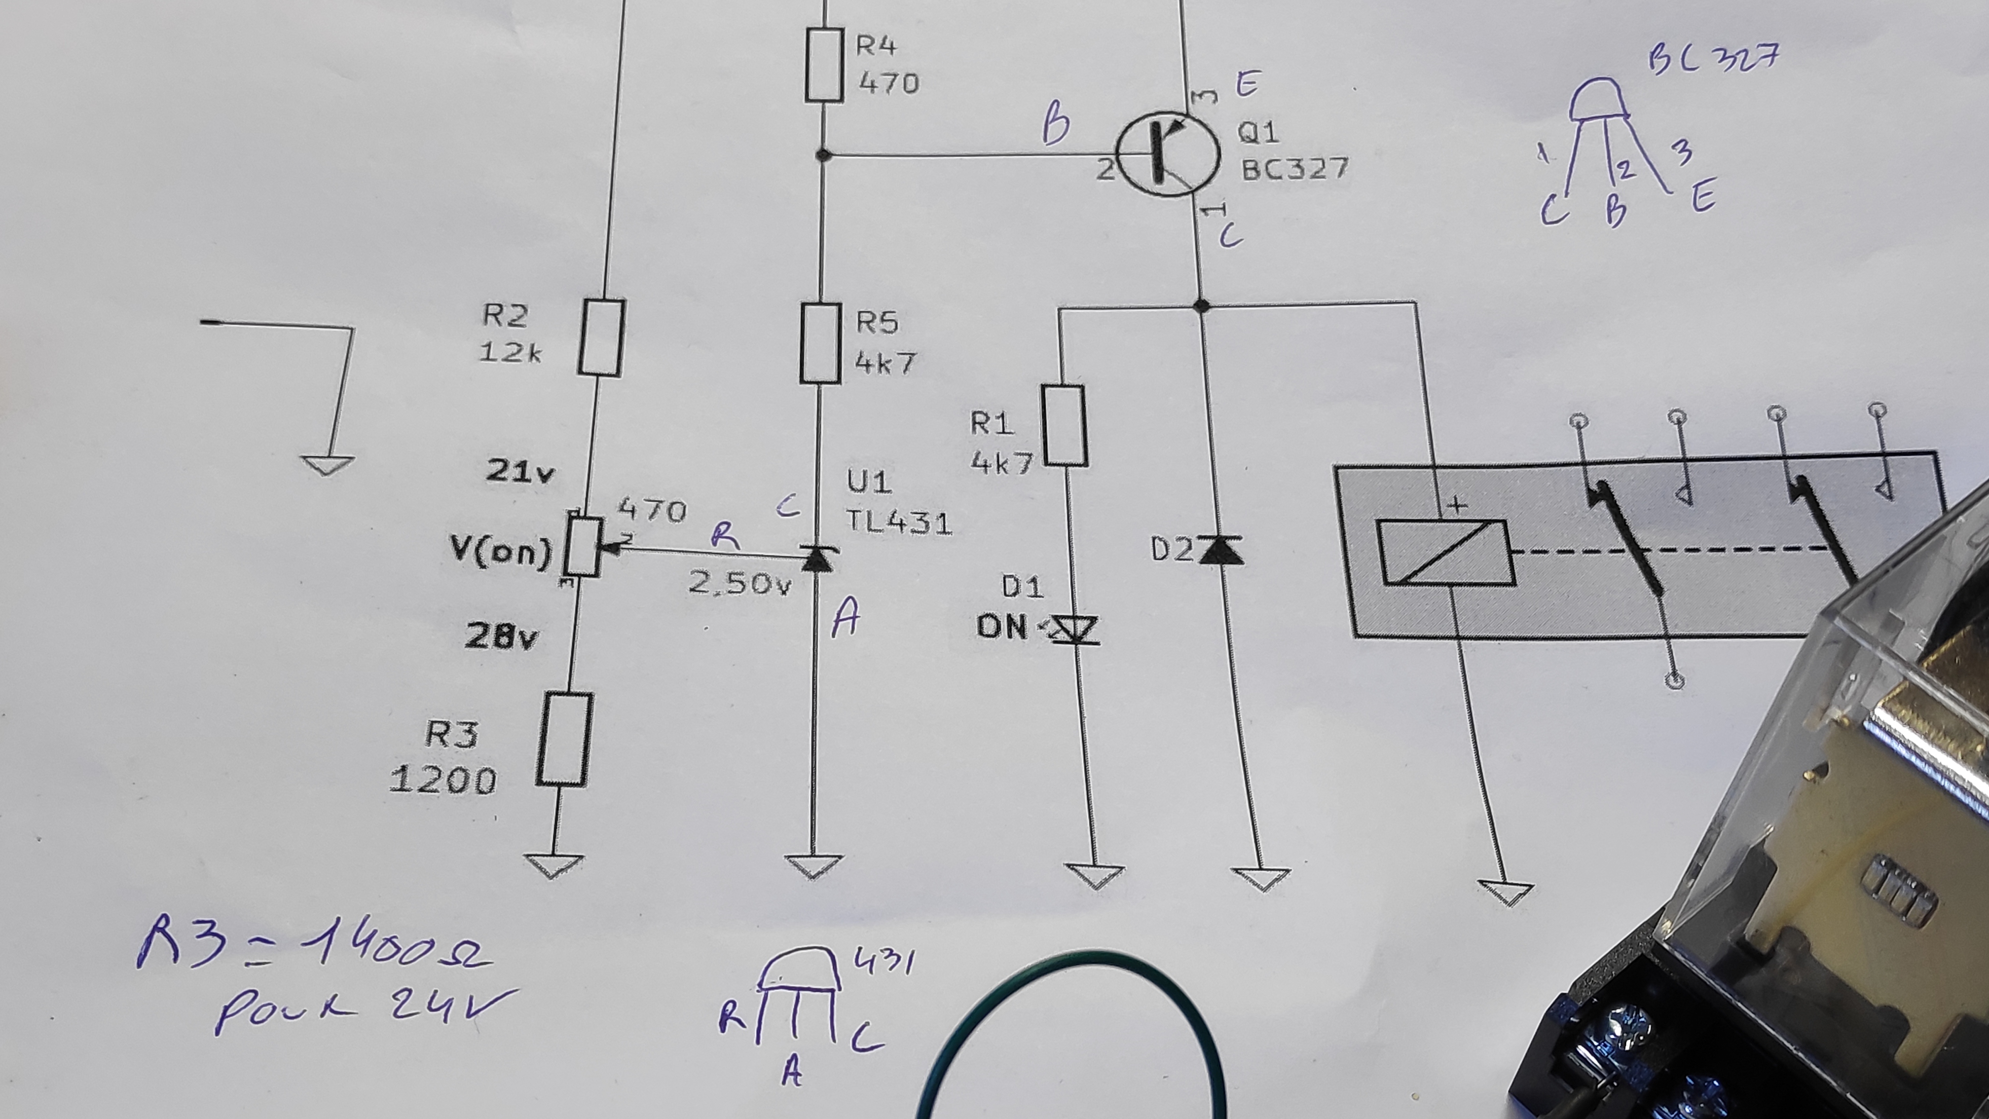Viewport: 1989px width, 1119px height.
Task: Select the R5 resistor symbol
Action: (820, 343)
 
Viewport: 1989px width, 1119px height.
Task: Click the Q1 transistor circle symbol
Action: (1168, 153)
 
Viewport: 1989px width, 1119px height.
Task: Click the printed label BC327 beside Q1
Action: (1295, 168)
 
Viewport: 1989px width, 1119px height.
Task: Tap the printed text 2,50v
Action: (739, 583)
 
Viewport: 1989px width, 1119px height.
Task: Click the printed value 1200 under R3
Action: (443, 781)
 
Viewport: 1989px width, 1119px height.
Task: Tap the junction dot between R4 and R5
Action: (823, 155)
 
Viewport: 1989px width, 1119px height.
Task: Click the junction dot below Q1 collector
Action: (1201, 306)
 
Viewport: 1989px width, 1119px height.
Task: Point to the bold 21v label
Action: (519, 471)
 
